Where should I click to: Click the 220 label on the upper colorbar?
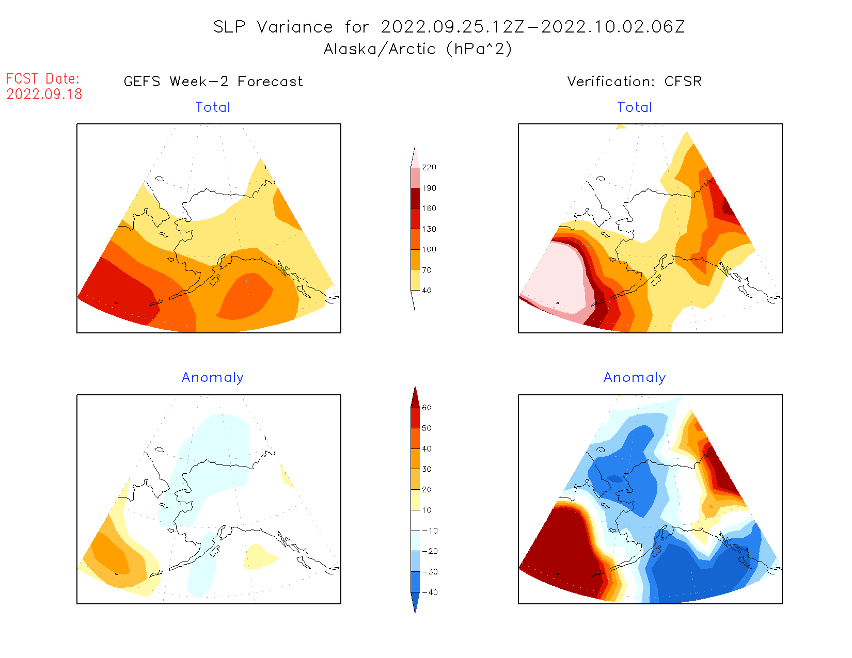(429, 168)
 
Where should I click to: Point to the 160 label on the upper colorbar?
(429, 208)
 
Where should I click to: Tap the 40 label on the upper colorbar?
(427, 291)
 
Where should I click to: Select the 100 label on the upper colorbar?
(429, 250)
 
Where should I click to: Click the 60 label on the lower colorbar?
(427, 408)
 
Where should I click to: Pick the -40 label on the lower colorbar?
(430, 592)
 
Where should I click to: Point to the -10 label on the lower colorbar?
(430, 531)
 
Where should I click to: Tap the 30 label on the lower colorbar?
(427, 469)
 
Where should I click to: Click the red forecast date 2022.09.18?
(44, 94)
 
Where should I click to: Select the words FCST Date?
(43, 79)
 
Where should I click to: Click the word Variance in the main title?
(295, 27)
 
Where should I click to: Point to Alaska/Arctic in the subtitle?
(380, 49)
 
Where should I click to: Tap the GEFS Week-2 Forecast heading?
(213, 82)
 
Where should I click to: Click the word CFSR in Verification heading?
(683, 82)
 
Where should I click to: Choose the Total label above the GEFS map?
(213, 107)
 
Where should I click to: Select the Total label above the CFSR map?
(635, 107)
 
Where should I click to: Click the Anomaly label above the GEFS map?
(213, 378)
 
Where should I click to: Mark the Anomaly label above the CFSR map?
(635, 378)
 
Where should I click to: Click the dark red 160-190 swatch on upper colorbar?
(415, 198)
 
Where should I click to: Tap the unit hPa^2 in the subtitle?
(479, 49)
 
